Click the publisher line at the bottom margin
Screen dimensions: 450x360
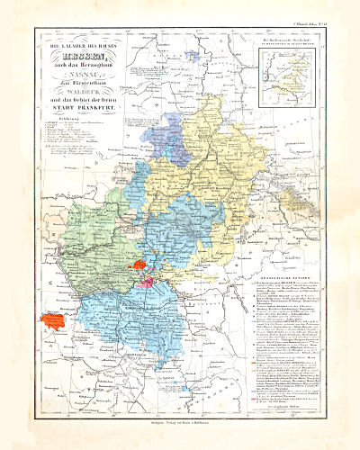180,420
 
